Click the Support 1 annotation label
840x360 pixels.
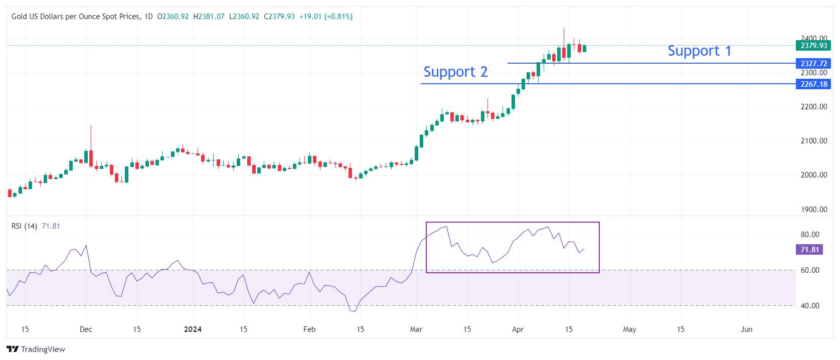[699, 51]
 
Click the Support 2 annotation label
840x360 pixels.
[455, 72]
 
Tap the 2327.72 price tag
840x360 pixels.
[813, 64]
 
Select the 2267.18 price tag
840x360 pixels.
[813, 84]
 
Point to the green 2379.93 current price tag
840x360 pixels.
[813, 46]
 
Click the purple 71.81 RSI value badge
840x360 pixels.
[809, 250]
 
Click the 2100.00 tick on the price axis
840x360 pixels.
[813, 141]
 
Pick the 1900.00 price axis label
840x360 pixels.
[813, 210]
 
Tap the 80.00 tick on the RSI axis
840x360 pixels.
[810, 235]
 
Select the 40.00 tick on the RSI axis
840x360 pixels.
[810, 306]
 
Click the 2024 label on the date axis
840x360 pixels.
[193, 329]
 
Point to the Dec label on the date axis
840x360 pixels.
[86, 329]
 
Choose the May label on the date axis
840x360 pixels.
[629, 329]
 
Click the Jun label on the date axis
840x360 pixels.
[746, 329]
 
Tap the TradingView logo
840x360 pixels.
[36, 349]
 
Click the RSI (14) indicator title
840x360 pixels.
[24, 226]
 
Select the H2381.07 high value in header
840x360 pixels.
[209, 17]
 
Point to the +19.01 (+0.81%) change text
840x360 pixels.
[325, 17]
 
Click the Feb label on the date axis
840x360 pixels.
[309, 329]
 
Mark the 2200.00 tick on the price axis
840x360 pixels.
[813, 107]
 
